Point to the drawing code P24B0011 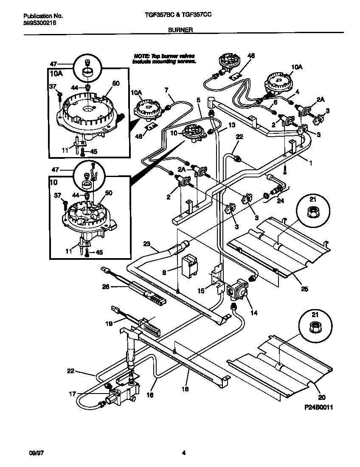tap(318, 407)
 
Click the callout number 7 tap(166, 90)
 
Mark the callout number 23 tap(146, 244)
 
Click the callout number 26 tap(106, 287)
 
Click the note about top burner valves tap(164, 59)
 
